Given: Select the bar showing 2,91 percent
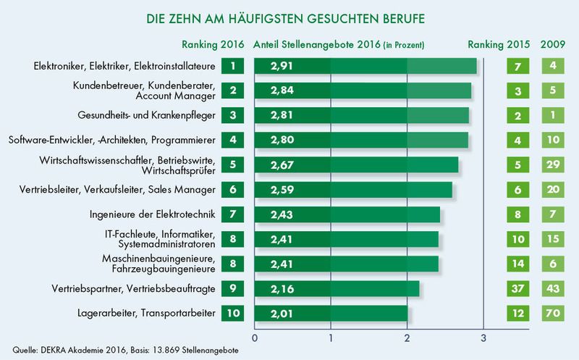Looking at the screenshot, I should coord(365,66).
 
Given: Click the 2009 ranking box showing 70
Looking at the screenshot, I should coord(554,314).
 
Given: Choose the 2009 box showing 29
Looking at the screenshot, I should coord(554,165).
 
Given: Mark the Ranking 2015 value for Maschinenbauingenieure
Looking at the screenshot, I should coord(517,264).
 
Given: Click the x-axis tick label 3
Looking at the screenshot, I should coord(483,338).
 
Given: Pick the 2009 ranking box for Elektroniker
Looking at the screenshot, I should coord(554,66).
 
